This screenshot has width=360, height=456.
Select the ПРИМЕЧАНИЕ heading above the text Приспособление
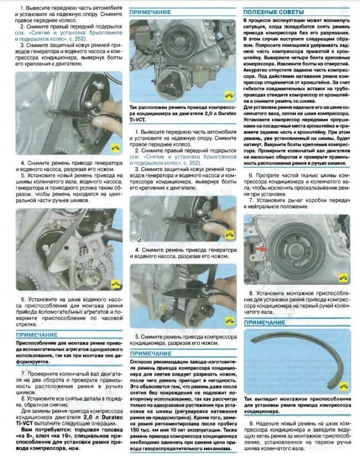[x=37, y=335]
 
